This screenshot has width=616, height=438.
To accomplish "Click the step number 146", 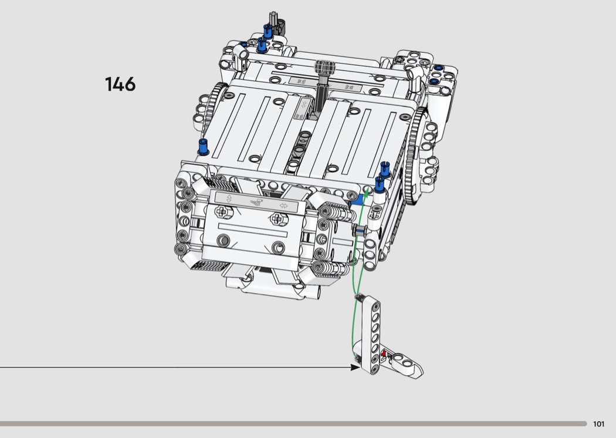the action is (120, 84).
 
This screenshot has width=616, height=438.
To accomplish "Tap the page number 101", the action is (598, 424).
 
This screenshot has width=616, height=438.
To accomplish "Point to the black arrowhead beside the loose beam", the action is (354, 367).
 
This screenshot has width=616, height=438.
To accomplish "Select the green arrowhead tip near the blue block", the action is (367, 190).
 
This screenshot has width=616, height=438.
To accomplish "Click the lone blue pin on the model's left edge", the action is (203, 146).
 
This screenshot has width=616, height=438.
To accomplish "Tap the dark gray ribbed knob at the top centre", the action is (325, 67).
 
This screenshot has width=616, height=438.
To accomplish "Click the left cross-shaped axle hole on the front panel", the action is (222, 213).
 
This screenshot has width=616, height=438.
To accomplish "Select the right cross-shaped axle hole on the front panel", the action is (277, 218).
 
